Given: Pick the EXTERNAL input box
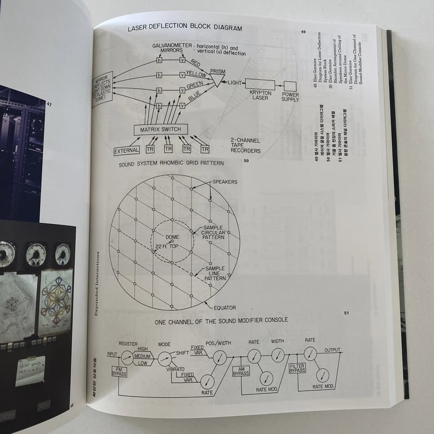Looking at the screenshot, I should coord(127,150).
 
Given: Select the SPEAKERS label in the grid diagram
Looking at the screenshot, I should coord(225,182).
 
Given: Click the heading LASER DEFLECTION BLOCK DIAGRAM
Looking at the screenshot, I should coord(185,28).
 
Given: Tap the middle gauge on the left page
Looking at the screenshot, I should coord(35,254).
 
